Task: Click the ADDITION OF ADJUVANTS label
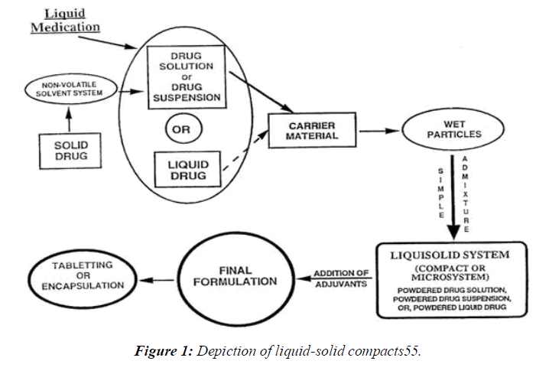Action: point(342,278)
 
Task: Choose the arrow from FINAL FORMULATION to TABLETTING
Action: point(167,280)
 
